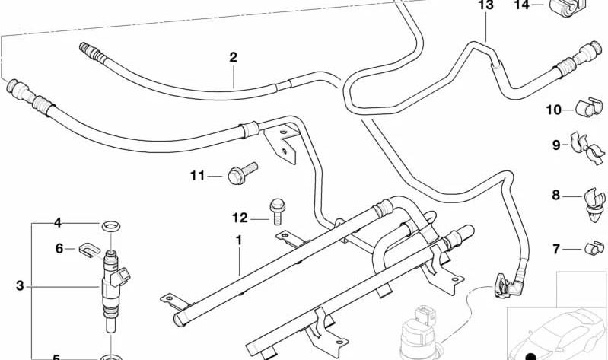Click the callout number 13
(x=485, y=5)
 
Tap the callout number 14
(x=521, y=5)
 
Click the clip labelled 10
(x=589, y=107)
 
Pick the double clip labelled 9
(x=587, y=148)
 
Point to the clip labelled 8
(x=595, y=205)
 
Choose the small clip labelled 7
(x=594, y=248)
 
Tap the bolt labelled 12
(x=276, y=212)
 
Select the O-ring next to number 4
(x=111, y=226)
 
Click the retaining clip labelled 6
(x=90, y=250)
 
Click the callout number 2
(x=233, y=57)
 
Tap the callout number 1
(x=239, y=241)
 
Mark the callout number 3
(x=20, y=286)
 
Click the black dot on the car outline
(x=530, y=356)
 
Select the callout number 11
(x=197, y=176)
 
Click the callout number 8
(x=555, y=195)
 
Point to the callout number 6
(x=59, y=248)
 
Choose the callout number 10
(x=554, y=110)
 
